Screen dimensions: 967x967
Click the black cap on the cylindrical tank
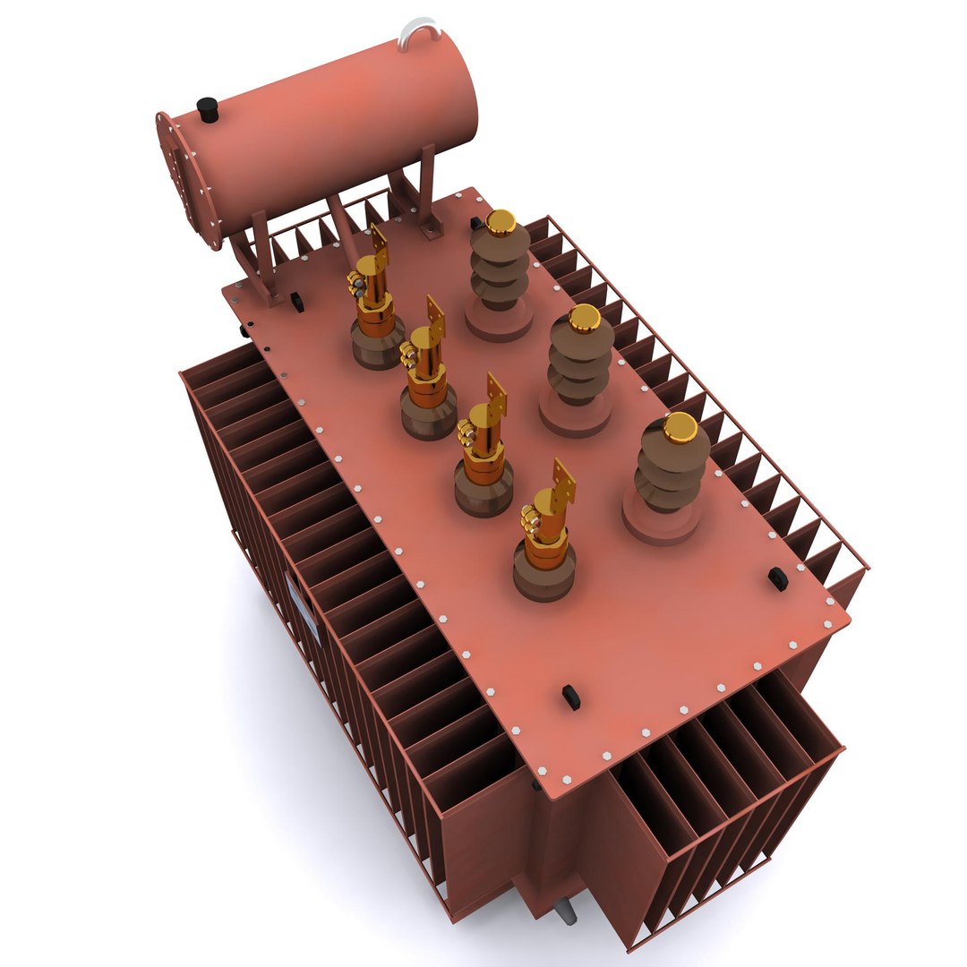208,109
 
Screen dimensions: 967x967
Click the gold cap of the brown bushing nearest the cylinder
501,222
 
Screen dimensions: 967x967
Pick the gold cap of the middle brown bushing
585,317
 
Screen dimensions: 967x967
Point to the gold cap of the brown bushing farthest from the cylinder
680,428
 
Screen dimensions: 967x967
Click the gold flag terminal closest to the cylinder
380,252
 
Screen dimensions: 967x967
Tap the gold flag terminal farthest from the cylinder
563,484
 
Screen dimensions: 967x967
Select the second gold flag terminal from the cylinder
435,319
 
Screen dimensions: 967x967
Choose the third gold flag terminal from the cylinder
495,398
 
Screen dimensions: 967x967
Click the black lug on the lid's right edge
777,578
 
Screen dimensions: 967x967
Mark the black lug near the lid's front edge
570,697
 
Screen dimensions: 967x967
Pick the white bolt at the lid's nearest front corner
567,781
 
